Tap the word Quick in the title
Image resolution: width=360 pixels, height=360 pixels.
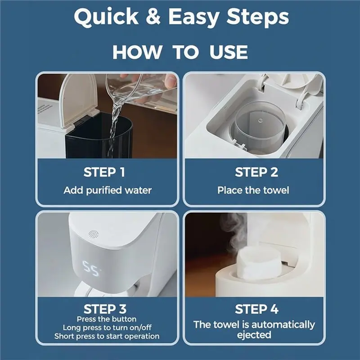coord(106,17)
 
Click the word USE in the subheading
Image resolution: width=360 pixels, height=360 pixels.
coord(229,52)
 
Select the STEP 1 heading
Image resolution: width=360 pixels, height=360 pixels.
coord(104,172)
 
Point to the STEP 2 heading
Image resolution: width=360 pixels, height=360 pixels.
coord(256,172)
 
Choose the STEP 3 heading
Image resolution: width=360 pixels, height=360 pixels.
coord(105,309)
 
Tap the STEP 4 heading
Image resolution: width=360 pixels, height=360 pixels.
coord(256,309)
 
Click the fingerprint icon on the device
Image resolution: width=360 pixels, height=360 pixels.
coord(93,234)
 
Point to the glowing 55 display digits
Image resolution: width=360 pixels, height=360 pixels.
coord(91,268)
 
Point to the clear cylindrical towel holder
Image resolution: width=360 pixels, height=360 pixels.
coord(260,126)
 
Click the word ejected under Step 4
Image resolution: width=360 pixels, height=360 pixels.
coord(254,335)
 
